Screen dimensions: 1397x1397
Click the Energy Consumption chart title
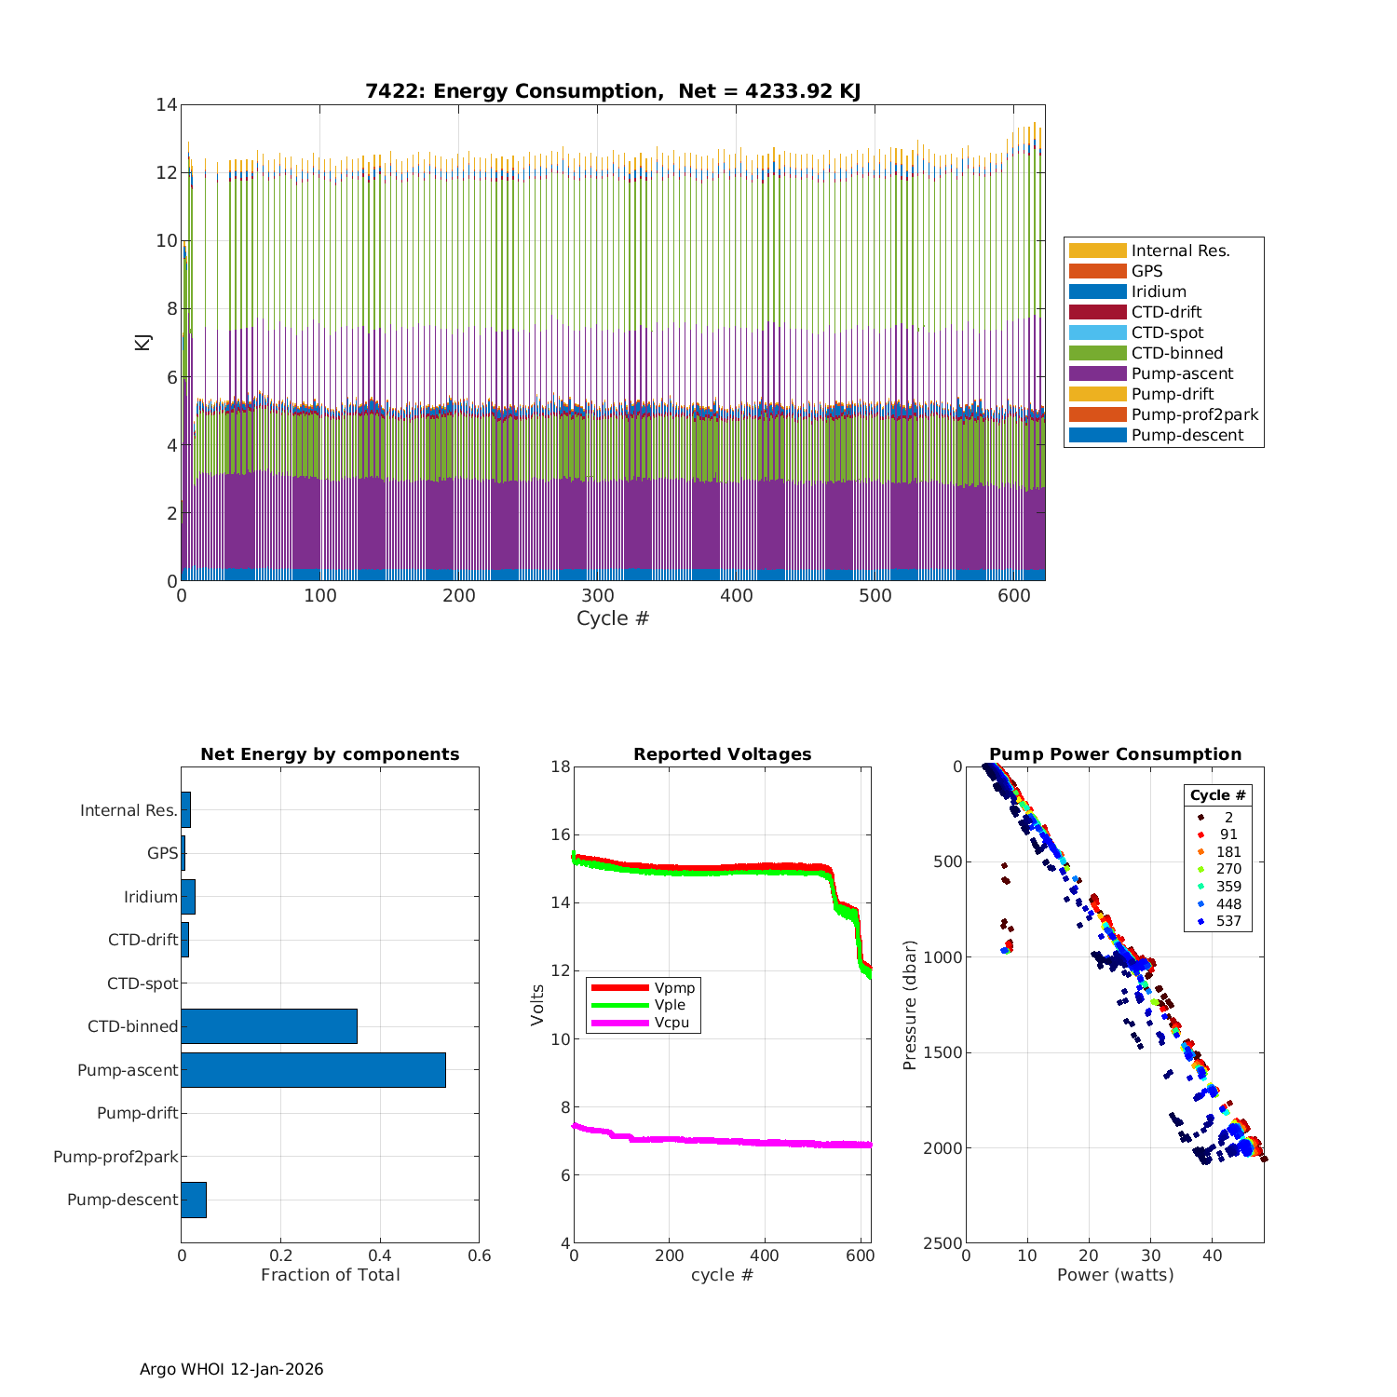[x=612, y=91]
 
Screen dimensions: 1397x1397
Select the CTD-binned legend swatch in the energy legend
[x=1097, y=353]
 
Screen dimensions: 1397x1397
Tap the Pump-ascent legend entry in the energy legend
[x=1182, y=373]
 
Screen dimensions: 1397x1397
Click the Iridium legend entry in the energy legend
[x=1159, y=292]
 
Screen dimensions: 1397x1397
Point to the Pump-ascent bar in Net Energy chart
[x=313, y=1070]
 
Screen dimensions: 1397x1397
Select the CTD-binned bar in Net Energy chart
[x=269, y=1026]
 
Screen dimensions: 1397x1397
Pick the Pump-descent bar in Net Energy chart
[x=194, y=1200]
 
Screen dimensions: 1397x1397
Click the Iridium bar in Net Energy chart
[x=188, y=897]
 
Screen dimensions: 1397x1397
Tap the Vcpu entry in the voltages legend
[x=671, y=1023]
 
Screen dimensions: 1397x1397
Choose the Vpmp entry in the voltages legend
[x=674, y=987]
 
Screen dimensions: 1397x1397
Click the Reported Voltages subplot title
[x=722, y=754]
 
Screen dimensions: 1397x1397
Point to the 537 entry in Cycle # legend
[x=1227, y=921]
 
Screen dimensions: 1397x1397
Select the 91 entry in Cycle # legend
[x=1227, y=834]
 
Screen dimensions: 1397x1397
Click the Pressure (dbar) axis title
[x=910, y=1005]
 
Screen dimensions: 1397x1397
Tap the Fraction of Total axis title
[x=330, y=1275]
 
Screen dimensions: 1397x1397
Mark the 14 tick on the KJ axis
[x=167, y=104]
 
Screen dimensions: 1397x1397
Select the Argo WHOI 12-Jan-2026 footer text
[x=232, y=1369]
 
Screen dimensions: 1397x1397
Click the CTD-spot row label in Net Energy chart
[x=142, y=983]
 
